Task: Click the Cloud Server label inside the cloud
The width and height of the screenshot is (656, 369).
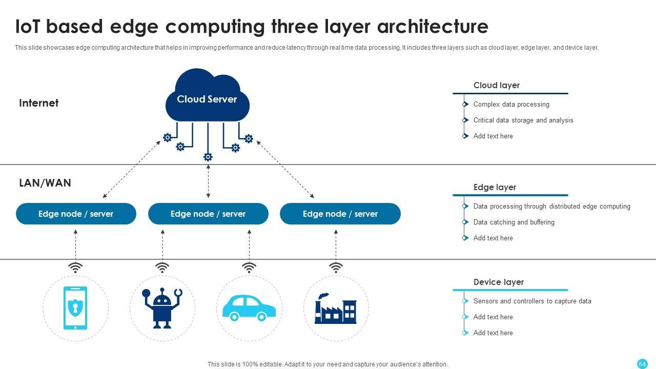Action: pos(207,99)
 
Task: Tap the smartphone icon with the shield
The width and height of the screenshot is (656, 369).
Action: pos(75,308)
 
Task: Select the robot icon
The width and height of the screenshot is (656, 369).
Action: pos(162,308)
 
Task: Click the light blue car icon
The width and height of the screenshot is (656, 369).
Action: pos(249,307)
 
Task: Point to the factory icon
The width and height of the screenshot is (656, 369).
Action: pos(336,309)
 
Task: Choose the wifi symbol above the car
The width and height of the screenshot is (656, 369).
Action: pos(249,268)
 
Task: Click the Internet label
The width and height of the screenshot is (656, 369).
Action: pos(39,103)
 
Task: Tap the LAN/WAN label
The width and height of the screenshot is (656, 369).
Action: pos(45,183)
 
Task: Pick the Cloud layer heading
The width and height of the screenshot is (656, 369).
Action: pos(497,85)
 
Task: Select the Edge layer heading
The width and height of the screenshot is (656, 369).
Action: pos(495,187)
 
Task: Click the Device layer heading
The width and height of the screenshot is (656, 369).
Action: pos(499,282)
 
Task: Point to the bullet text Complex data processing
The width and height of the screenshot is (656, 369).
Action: pos(511,104)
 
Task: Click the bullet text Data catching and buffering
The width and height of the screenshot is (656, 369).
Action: pos(514,222)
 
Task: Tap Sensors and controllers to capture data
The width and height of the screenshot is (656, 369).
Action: pos(532,301)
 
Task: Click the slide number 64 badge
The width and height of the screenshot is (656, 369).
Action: pos(642,364)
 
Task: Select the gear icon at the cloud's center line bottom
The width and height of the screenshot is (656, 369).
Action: pos(208,157)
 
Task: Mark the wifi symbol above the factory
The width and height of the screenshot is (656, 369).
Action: pos(336,268)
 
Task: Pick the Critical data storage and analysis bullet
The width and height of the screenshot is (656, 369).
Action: pos(523,120)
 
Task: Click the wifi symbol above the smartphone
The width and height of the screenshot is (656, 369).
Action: pos(75,268)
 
